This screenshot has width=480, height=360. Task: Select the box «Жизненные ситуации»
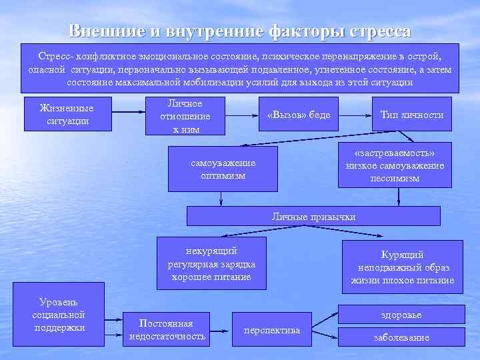[x=67, y=114]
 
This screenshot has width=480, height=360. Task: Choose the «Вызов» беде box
[x=298, y=115]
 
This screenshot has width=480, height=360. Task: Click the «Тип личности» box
[x=411, y=115]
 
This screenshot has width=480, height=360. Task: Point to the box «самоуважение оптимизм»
[x=223, y=169]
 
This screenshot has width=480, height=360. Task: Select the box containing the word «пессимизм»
[x=395, y=165]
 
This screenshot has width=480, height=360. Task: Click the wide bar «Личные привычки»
[x=313, y=217]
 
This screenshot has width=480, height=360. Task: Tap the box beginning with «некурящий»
[x=211, y=263]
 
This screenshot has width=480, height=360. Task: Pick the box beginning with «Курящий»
[x=402, y=267]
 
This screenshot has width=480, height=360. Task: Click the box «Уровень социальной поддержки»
[x=58, y=315]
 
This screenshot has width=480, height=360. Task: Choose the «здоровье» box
[x=401, y=314]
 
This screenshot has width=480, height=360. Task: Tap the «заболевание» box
[x=401, y=337]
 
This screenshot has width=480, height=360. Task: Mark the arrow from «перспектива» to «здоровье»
[x=325, y=319]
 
